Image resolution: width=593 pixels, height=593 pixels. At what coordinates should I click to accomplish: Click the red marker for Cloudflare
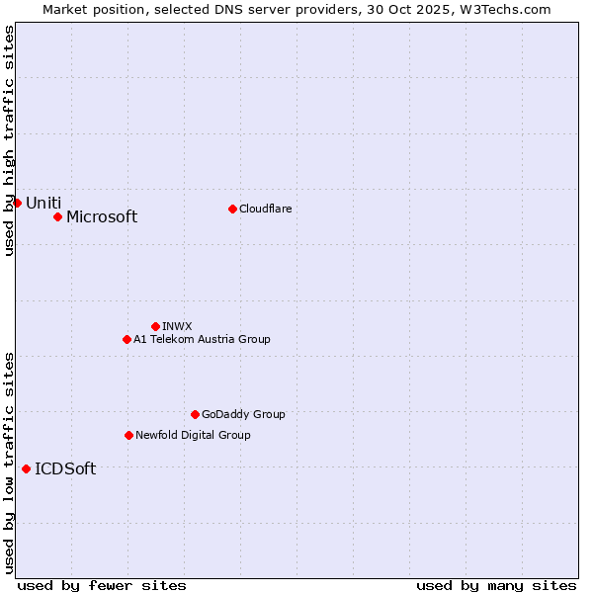pos(232,209)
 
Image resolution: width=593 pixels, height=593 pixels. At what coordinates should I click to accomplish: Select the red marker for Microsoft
pos(57,216)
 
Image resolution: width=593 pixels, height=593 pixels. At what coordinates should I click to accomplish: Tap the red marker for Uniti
pos(17,203)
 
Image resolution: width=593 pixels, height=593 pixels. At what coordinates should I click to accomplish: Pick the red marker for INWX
pos(155,326)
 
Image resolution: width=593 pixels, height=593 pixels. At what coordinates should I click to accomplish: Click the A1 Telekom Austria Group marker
pos(127,339)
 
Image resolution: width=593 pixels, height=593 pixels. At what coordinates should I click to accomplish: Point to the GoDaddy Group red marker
pos(195,414)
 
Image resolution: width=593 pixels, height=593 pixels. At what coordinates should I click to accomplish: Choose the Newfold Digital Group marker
pos(128,435)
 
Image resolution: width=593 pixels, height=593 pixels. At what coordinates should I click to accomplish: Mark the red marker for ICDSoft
pos(26,468)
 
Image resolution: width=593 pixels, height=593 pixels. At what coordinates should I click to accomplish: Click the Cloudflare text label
pos(266,209)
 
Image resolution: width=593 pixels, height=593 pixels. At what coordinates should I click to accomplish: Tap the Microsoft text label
pos(102,217)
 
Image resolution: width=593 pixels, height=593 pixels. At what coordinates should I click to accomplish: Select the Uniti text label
pos(43,204)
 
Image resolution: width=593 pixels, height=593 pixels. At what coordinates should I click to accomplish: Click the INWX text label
pos(177,326)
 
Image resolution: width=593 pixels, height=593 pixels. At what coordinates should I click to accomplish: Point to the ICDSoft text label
pos(65,469)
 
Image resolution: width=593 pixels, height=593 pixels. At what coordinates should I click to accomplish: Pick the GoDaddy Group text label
pos(243,415)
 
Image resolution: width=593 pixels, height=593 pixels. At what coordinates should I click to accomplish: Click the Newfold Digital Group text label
pos(193,435)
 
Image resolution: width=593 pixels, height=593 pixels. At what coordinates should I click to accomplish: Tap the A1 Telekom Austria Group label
pos(202,340)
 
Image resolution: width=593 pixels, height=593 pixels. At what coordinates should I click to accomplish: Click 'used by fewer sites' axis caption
pos(102,585)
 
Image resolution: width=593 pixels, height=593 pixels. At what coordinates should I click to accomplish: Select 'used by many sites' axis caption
pos(496,585)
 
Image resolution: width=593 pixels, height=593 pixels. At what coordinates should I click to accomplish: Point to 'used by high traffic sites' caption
pos(9,140)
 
